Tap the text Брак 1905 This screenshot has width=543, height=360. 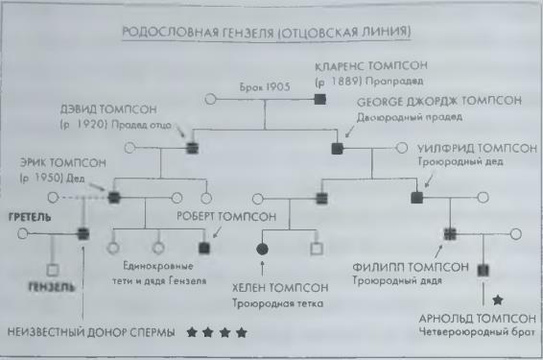coord(263,86)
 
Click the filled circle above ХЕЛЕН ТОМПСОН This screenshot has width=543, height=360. coord(262,250)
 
